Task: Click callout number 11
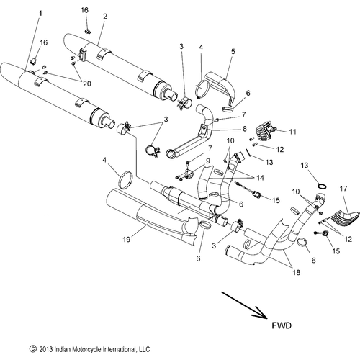[293, 132]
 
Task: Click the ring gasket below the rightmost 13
[325, 190]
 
